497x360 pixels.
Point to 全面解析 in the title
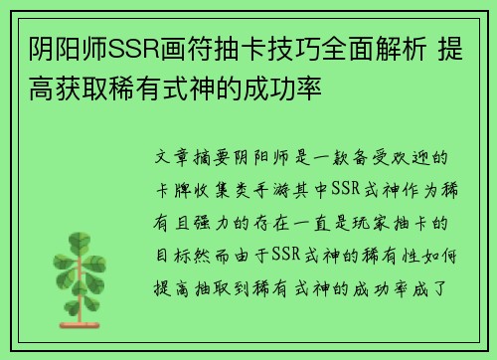385,48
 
